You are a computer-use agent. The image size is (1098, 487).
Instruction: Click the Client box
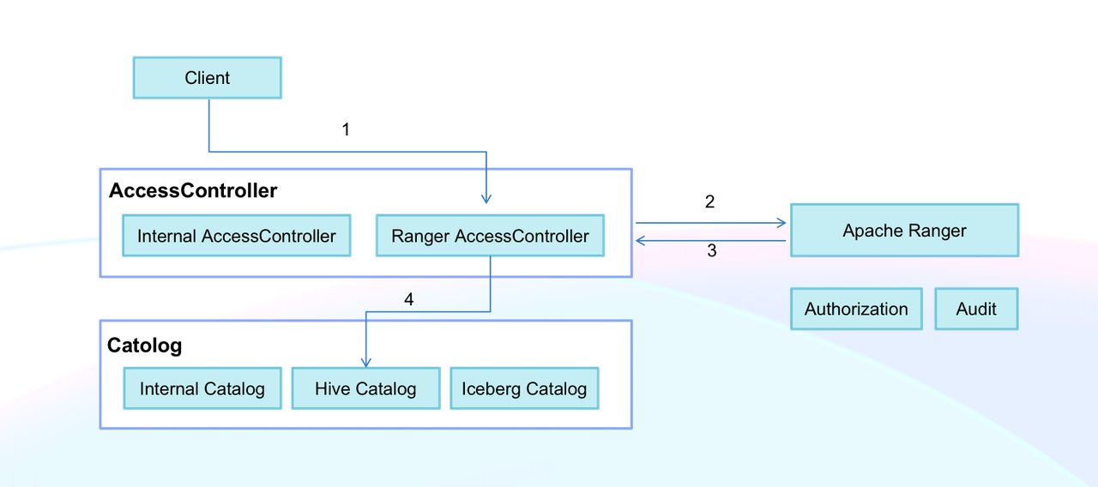point(207,78)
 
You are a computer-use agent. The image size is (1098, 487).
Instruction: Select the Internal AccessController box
point(236,236)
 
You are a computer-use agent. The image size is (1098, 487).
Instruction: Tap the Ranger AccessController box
point(490,236)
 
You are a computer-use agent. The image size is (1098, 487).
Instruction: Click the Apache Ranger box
point(904,230)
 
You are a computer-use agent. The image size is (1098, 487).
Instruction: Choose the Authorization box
point(855,310)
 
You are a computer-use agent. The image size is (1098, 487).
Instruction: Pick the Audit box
point(975,310)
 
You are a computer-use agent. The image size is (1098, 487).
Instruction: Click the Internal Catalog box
point(202,388)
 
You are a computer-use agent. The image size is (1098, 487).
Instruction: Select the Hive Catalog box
point(365,388)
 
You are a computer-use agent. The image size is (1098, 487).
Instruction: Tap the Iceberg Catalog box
point(524,388)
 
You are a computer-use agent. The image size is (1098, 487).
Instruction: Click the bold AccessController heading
point(193,190)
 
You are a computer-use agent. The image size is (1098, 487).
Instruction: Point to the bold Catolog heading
point(144,346)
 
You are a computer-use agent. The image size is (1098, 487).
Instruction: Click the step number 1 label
point(346,129)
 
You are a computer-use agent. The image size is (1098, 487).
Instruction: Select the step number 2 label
point(709,202)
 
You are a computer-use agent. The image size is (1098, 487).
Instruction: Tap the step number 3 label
point(711,251)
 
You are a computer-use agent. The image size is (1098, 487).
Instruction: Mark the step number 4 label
point(409,299)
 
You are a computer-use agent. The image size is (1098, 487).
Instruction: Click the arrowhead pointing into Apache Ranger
point(781,223)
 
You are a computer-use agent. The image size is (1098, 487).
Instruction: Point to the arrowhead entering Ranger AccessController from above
point(486,199)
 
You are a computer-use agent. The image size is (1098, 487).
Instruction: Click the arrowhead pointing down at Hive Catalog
point(366,363)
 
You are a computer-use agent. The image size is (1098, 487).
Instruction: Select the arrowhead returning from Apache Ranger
point(641,241)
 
